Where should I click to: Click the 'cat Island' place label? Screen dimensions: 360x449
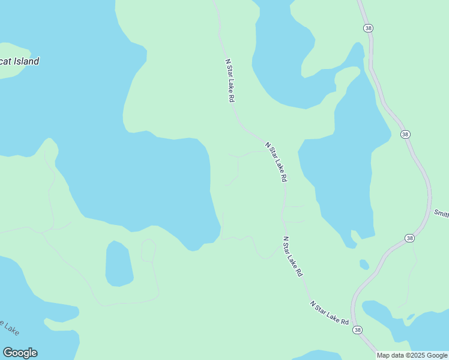(20, 61)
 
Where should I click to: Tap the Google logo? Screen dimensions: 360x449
(20, 353)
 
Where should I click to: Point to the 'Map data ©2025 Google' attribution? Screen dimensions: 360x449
(412, 355)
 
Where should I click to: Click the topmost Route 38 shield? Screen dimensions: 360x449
(367, 28)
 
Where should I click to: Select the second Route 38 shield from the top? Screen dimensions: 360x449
(406, 134)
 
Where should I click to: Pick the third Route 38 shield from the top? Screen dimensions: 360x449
(409, 238)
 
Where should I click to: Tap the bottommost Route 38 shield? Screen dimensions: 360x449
(358, 330)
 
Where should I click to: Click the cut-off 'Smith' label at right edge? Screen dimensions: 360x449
(441, 214)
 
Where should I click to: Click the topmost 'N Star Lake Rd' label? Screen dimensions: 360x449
(229, 80)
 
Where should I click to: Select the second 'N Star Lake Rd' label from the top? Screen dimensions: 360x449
(277, 162)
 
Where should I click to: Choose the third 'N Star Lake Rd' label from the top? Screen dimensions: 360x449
(292, 256)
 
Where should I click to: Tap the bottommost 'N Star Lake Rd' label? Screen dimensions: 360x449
(330, 313)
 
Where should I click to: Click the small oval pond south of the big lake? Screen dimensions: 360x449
(119, 264)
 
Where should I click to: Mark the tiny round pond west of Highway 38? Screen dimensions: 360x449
(364, 265)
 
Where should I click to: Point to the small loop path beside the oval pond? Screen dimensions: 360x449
(148, 250)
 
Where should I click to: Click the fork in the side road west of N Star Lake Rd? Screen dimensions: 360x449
(239, 157)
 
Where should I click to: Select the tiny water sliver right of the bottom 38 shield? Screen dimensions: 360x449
(411, 316)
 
